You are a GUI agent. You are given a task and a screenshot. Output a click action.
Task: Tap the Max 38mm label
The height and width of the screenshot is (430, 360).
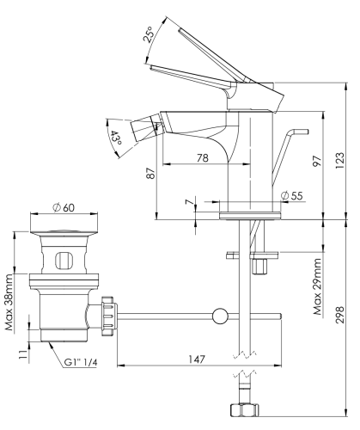pos(9,302)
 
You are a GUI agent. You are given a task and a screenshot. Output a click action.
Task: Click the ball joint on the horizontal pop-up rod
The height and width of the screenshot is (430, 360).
pos(221,316)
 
